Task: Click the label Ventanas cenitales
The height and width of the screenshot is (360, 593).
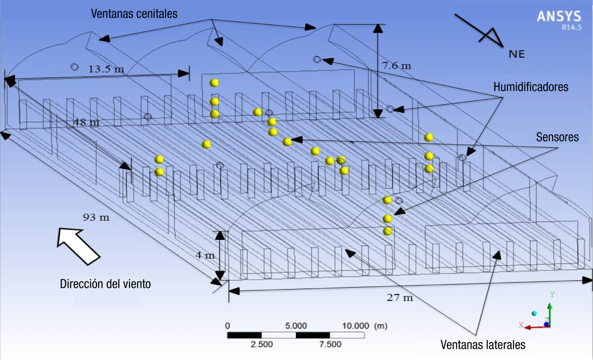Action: pyautogui.click(x=134, y=14)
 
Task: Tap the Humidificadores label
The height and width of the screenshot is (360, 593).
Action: pyautogui.click(x=531, y=87)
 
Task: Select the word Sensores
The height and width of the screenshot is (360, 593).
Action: pyautogui.click(x=557, y=137)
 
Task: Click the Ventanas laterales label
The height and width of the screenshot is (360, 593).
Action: pyautogui.click(x=483, y=345)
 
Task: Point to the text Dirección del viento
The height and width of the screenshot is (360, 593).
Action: pyautogui.click(x=105, y=284)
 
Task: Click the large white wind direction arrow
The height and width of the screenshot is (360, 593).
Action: pyautogui.click(x=78, y=246)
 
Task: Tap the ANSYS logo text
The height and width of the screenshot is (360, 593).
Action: pyautogui.click(x=559, y=16)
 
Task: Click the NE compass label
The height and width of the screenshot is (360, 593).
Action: pyautogui.click(x=517, y=54)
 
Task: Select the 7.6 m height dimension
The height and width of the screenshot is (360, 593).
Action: pyautogui.click(x=396, y=65)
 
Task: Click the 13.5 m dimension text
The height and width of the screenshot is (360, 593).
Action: pyautogui.click(x=106, y=69)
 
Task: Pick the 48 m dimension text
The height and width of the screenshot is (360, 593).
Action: pyautogui.click(x=86, y=122)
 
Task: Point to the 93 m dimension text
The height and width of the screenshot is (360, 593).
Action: pyautogui.click(x=96, y=217)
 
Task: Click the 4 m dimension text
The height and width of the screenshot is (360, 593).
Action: pyautogui.click(x=205, y=255)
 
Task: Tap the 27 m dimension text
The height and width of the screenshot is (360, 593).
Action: pyautogui.click(x=400, y=297)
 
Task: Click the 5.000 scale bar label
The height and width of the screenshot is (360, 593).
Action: pyautogui.click(x=296, y=326)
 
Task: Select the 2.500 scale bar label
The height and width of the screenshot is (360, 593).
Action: pyautogui.click(x=262, y=344)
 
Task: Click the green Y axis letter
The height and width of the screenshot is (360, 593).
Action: pyautogui.click(x=552, y=295)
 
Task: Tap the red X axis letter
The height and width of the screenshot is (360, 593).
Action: pyautogui.click(x=521, y=325)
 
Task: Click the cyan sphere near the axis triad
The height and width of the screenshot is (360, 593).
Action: pyautogui.click(x=534, y=313)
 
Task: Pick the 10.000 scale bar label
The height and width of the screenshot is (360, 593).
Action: pyautogui.click(x=356, y=326)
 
